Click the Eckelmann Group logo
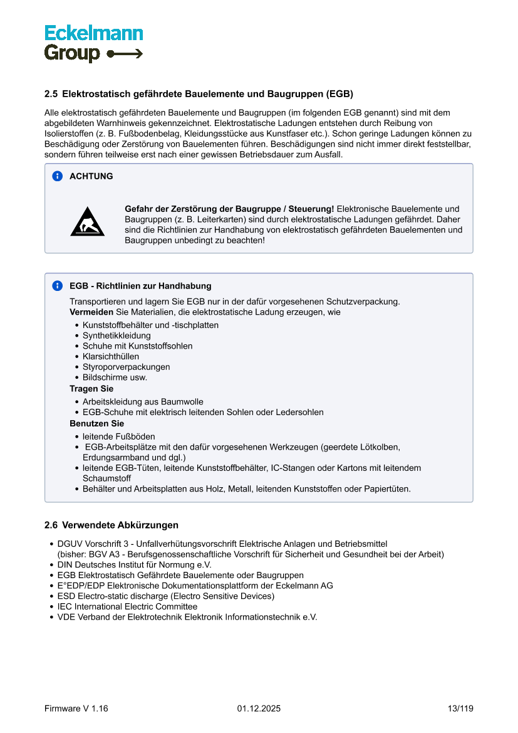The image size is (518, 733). tap(93, 43)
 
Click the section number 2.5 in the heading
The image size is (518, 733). tap(51, 95)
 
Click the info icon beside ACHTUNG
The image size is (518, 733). tap(58, 176)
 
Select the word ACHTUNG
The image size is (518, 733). tap(91, 176)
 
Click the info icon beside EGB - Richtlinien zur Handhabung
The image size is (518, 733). tap(58, 286)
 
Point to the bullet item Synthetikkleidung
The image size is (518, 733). tap(117, 335)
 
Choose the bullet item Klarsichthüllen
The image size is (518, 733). tap(111, 357)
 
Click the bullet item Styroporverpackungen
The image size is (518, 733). tap(126, 367)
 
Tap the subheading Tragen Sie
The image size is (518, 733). tap(91, 389)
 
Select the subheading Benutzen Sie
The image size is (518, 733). tap(96, 423)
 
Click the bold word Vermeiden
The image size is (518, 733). tap(91, 312)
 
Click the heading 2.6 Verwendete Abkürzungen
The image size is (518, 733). tap(111, 525)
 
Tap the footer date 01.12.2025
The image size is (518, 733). tap(259, 709)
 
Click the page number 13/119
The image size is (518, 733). tap(460, 709)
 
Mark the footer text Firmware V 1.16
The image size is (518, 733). tap(76, 709)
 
